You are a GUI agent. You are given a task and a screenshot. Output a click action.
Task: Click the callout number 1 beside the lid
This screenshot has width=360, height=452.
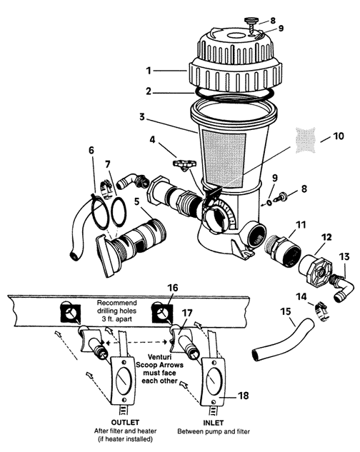pos(149,71)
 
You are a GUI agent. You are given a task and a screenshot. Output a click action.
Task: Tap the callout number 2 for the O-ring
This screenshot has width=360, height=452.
pos(149,91)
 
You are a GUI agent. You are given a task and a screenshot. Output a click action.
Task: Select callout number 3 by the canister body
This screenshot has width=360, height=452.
pos(141,117)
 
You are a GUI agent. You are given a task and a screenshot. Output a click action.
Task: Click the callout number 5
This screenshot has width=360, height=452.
pos(137,201)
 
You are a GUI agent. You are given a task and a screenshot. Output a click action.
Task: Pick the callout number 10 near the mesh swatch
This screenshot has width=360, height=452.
pos(339,136)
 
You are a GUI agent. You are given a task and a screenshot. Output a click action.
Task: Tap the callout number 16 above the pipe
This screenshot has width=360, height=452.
pos(173,288)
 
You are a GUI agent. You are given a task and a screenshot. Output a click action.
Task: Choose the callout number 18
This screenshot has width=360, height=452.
pos(243,396)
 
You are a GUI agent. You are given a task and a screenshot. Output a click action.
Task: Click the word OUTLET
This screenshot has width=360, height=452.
pos(125,422)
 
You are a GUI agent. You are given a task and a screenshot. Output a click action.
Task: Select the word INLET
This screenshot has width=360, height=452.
pos(214,423)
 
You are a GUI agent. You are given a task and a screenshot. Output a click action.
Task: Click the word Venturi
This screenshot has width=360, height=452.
pos(159,356)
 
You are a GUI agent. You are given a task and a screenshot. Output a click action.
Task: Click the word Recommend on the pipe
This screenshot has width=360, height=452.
pos(117,303)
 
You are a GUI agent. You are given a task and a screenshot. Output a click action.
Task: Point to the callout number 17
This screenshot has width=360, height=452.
pos(187,313)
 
